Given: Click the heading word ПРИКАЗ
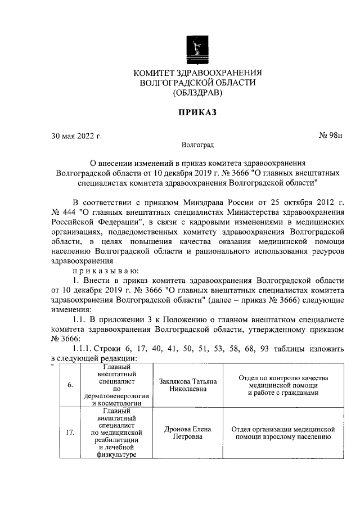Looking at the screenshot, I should pyautogui.click(x=197, y=112).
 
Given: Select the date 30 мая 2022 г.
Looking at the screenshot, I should pyautogui.click(x=76, y=136).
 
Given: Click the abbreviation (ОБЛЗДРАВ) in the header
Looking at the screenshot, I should pyautogui.click(x=197, y=93).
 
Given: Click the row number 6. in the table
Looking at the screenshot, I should pyautogui.click(x=70, y=385).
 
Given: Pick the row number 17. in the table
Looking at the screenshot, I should pyautogui.click(x=70, y=433).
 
